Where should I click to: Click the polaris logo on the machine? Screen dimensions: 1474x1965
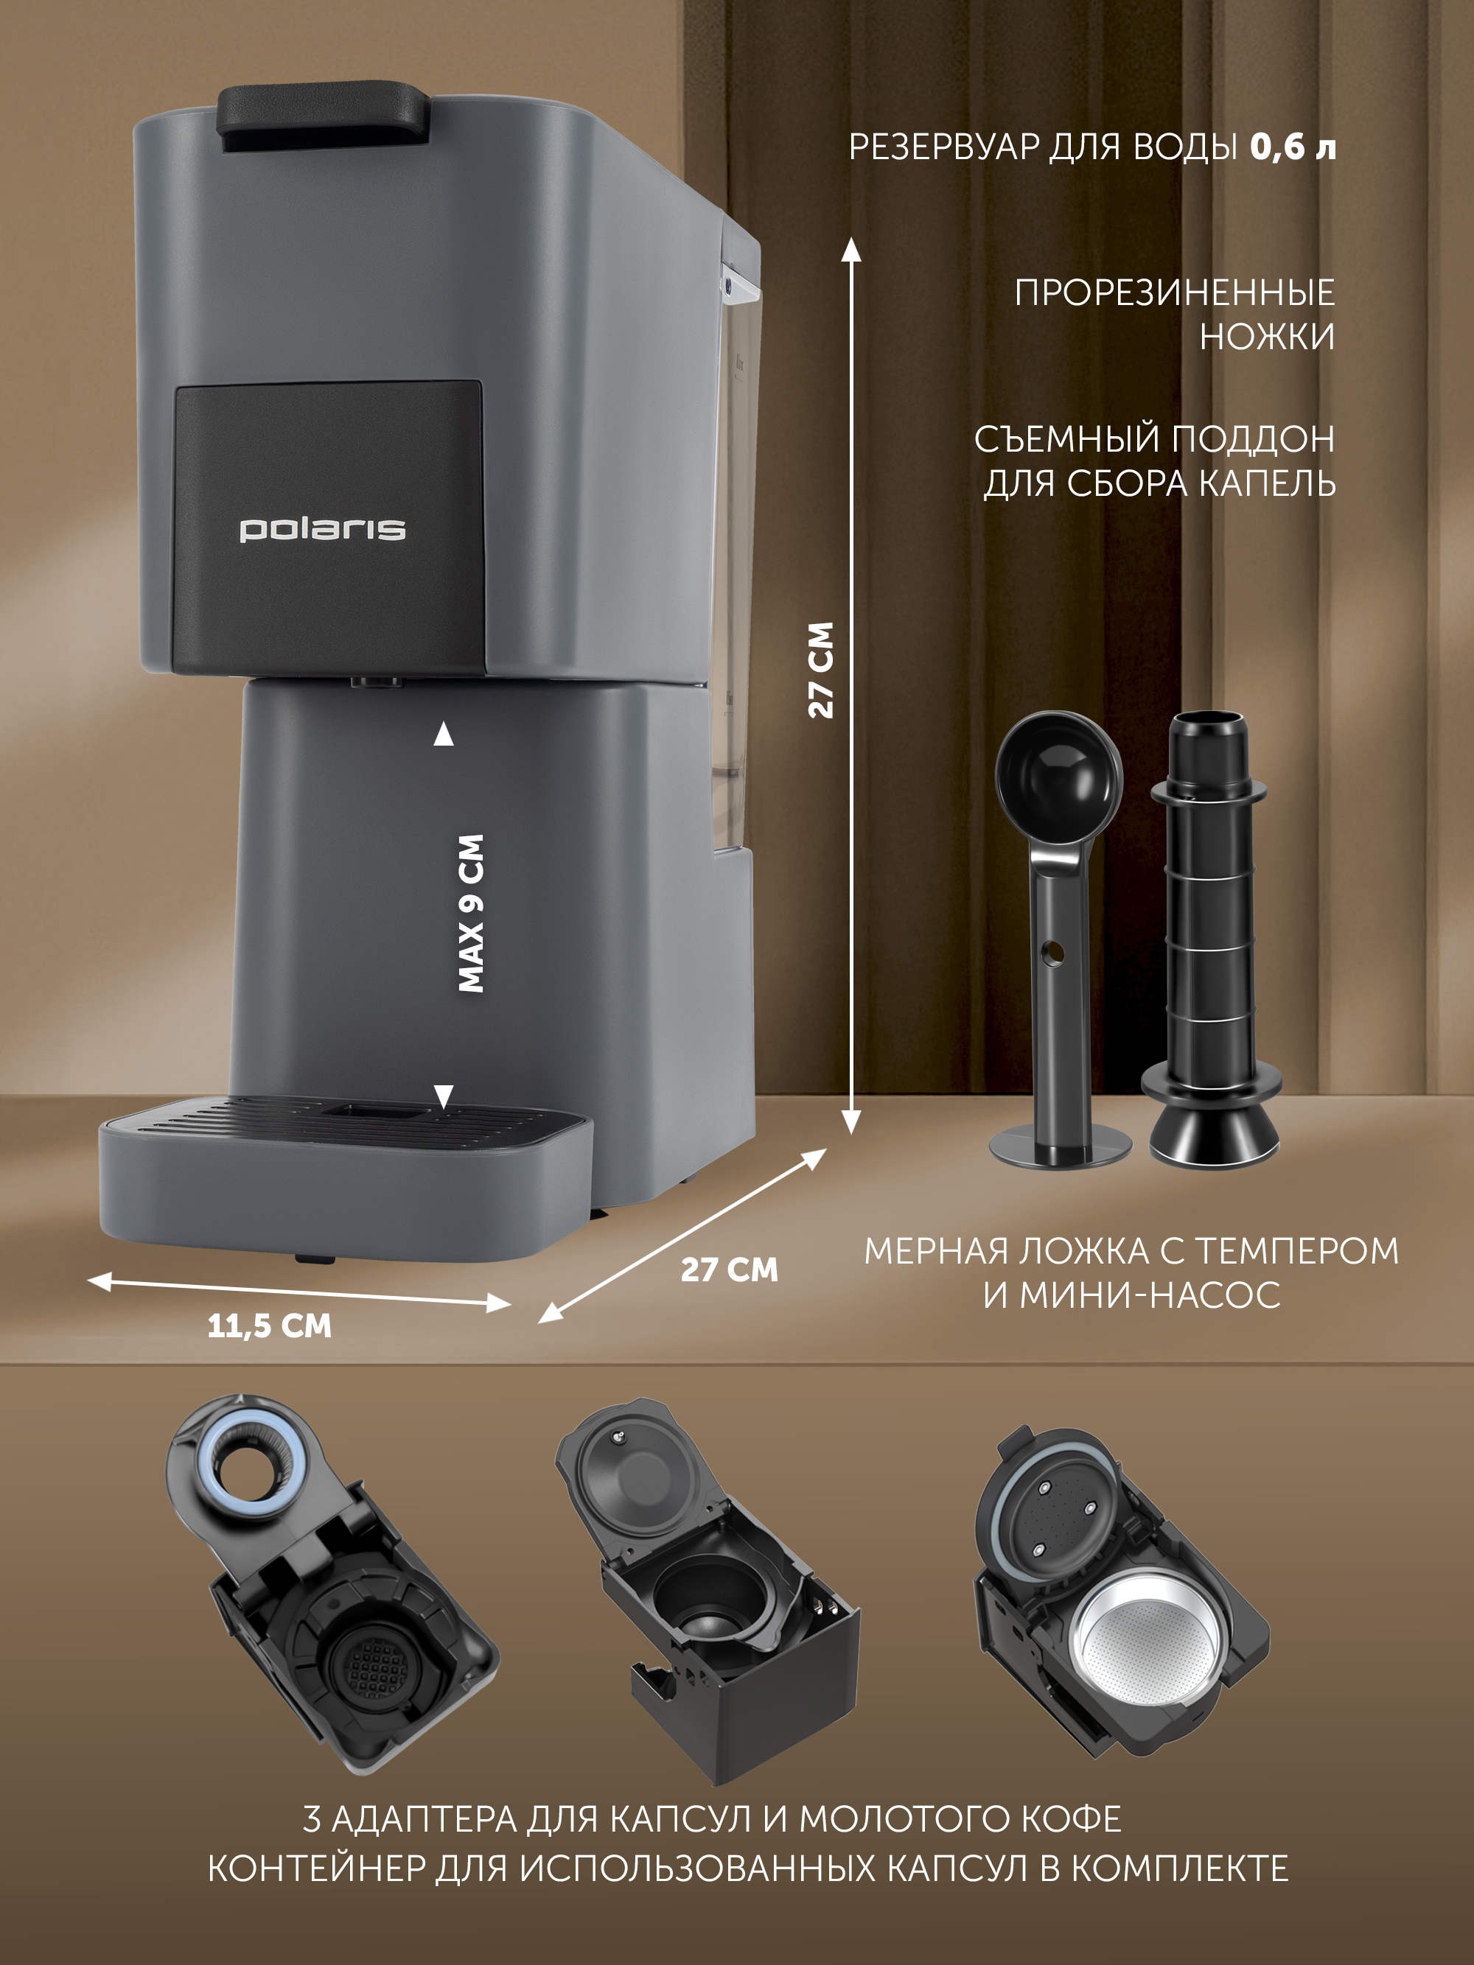(x=323, y=530)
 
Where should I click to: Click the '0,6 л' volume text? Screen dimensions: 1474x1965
(x=1293, y=147)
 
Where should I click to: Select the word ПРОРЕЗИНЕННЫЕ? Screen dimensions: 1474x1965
(x=1175, y=293)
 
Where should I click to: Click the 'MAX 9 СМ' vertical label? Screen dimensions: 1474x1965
(x=471, y=912)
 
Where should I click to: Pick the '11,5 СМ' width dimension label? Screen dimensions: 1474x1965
(x=269, y=1326)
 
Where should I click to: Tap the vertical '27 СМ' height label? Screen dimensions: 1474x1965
(x=821, y=670)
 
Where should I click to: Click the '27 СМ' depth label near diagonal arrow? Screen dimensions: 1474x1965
(x=730, y=1269)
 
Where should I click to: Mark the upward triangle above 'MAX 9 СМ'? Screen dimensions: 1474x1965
(x=444, y=734)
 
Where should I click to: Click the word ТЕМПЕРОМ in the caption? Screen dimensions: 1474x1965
(x=1296, y=1251)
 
